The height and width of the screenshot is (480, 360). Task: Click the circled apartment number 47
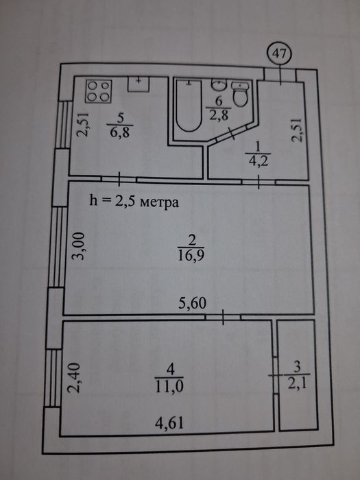(x=280, y=54)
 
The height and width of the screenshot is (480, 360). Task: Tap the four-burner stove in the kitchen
(x=99, y=91)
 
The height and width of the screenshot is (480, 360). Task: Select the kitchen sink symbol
(x=139, y=84)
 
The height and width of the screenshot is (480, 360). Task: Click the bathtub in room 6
(x=189, y=106)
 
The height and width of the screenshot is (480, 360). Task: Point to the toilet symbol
(x=240, y=94)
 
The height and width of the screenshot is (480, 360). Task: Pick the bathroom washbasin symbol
(x=219, y=84)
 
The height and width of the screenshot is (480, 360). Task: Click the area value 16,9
(x=191, y=254)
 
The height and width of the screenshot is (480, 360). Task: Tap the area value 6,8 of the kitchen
(x=120, y=132)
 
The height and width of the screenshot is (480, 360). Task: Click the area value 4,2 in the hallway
(x=258, y=160)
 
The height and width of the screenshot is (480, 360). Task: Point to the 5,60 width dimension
(x=192, y=303)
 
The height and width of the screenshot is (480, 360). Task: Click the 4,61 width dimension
(x=169, y=423)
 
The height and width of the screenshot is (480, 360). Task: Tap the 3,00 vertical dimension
(x=78, y=245)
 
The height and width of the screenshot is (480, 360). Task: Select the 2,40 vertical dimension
(x=74, y=377)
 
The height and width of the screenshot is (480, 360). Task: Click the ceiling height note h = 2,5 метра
(x=134, y=202)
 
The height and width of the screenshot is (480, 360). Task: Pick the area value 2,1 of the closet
(x=297, y=383)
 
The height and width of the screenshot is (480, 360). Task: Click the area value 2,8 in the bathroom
(x=219, y=115)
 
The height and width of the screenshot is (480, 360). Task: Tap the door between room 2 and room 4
(x=223, y=317)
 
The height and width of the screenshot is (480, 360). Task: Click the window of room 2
(x=58, y=248)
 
